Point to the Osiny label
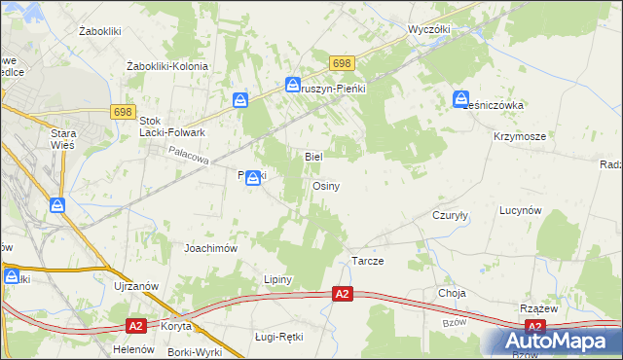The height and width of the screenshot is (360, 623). click(x=325, y=186)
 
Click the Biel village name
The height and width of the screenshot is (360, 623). click(x=313, y=156)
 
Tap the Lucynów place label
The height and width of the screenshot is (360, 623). click(x=520, y=210)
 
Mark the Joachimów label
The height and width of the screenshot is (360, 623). click(x=211, y=248)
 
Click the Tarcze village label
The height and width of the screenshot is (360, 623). click(x=368, y=263)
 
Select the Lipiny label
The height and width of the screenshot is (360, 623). click(x=278, y=279)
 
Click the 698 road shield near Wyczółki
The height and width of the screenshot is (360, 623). click(x=341, y=63)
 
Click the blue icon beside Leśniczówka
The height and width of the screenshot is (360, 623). click(x=460, y=97)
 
